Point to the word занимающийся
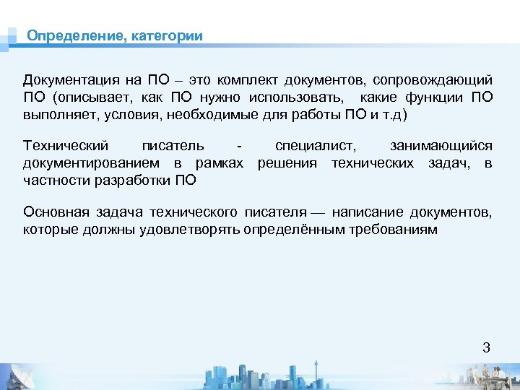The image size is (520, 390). click(451, 146)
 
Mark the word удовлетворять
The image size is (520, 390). click(198, 230)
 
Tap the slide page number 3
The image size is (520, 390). click(486, 347)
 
